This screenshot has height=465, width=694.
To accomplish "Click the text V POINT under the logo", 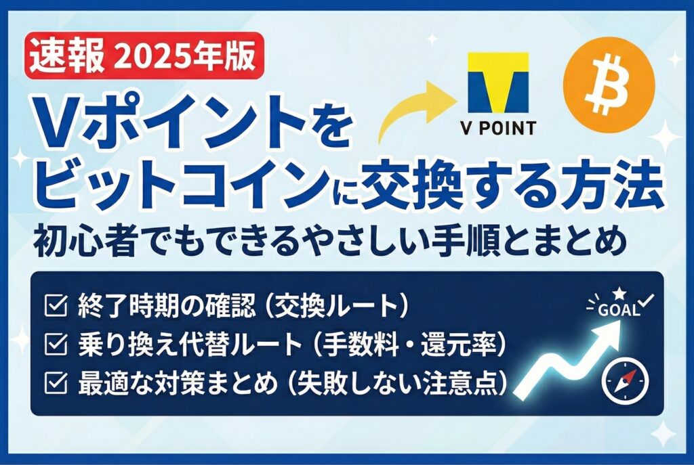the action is coord(498,128).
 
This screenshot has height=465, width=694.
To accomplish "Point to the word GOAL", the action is coord(619,310).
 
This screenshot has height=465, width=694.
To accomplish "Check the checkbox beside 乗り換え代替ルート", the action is coord(56,345).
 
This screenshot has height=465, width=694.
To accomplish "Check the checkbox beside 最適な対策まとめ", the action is coord(56,383).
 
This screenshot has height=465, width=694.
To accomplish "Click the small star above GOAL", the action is coord(619,293).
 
